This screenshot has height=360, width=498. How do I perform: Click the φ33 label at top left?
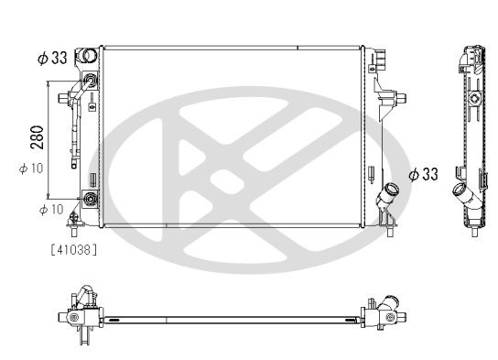coord(52,58)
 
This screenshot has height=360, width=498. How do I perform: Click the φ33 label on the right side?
coord(423,174)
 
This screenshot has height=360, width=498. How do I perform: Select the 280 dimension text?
coord(38,137)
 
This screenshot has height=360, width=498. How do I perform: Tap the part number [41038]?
coord(73,250)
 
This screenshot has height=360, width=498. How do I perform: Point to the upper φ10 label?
coord(31,169)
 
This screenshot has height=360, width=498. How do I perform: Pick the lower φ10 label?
coord(51,210)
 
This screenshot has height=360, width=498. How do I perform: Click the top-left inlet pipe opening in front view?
coord(88,55)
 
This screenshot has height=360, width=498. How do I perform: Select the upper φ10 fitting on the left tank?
coord(91,80)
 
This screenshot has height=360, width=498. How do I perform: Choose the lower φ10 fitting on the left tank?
coord(91,199)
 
